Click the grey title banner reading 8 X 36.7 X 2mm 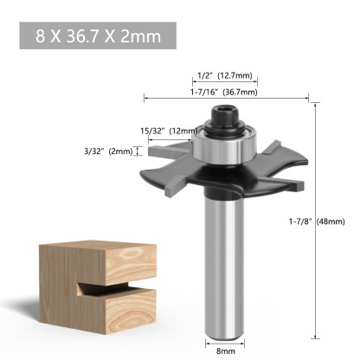point(98,37)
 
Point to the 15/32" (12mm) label point(168,132)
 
